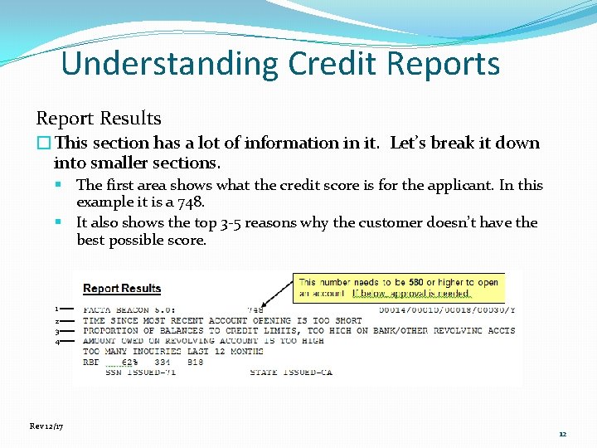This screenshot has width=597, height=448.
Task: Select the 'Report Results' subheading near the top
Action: click(98, 119)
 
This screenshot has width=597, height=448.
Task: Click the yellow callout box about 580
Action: click(398, 288)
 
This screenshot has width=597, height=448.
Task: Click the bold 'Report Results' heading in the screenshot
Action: click(122, 289)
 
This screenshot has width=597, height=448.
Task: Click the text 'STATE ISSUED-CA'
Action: click(291, 373)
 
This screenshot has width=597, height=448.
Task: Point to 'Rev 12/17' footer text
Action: click(46, 426)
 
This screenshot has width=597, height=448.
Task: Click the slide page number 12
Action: click(562, 434)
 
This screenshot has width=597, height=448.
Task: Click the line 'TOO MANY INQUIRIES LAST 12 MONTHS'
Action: click(174, 352)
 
